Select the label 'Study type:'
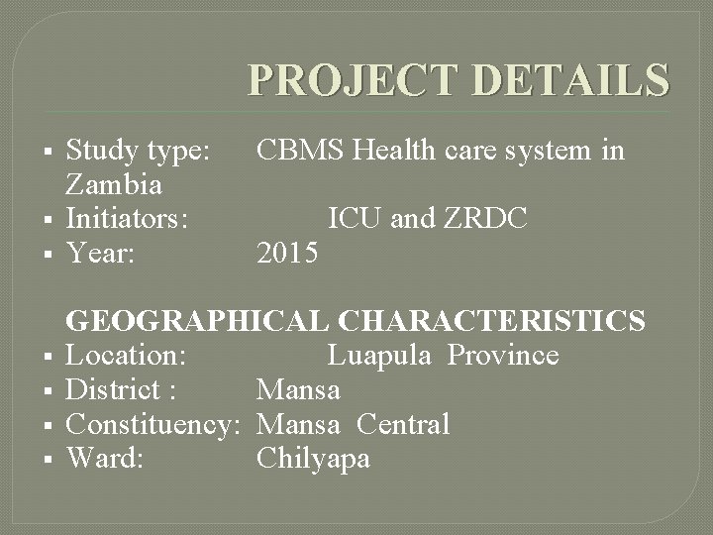click(x=137, y=151)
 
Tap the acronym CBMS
click(x=301, y=151)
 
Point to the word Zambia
click(x=114, y=184)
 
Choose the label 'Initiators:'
click(x=127, y=219)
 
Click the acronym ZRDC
click(x=490, y=219)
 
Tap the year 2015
click(x=287, y=254)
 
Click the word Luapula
click(x=379, y=356)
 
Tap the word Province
click(x=503, y=356)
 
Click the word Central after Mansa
click(x=403, y=425)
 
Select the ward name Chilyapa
click(x=313, y=459)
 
